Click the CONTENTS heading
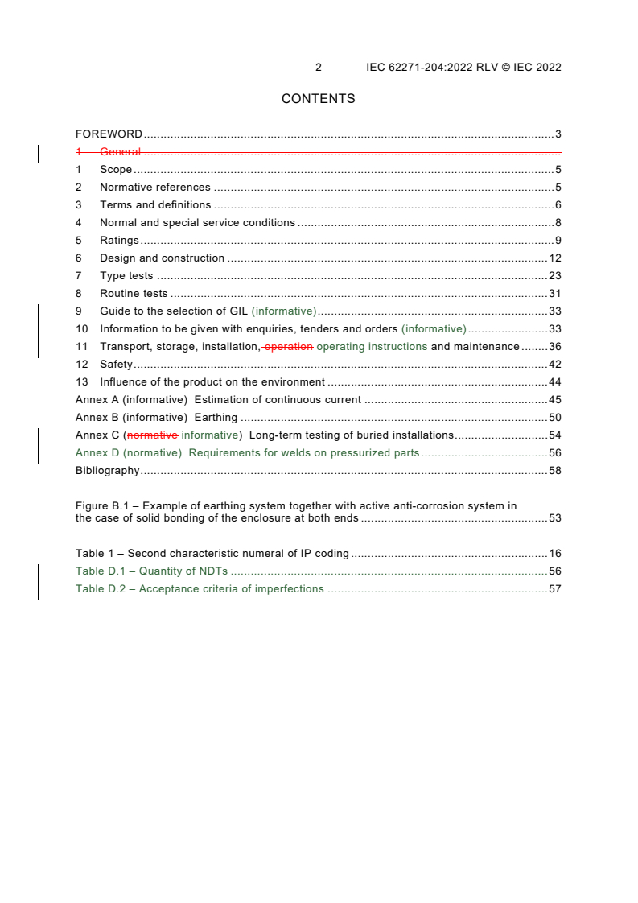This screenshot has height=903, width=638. pos(319,99)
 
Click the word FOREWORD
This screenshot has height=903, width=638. pos(109,134)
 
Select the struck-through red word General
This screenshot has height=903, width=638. pos(121,151)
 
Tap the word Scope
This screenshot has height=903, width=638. pos(116,170)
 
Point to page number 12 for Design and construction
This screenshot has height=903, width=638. pos(554,258)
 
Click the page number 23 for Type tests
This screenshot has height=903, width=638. pos(554,276)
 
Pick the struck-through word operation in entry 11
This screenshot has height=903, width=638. pos(289,347)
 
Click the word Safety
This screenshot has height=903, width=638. pos(116,365)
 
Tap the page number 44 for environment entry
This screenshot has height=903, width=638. pos(554,382)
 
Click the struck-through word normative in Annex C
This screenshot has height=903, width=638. pos(153,435)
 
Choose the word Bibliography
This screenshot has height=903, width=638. pos(108,471)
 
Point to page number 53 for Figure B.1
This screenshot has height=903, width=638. pos(554,518)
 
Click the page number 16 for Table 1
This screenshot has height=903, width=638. pos(554,554)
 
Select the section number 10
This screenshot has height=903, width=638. pos(81,329)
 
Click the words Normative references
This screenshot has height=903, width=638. pos(155,188)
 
